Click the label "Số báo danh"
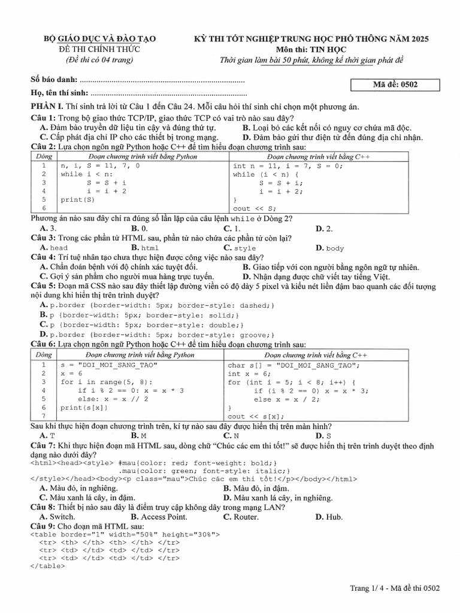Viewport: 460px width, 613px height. click(x=53, y=80)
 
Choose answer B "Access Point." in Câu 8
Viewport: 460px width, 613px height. click(x=159, y=517)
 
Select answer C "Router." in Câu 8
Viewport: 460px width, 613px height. click(x=241, y=517)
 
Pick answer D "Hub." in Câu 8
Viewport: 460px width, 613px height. click(x=329, y=517)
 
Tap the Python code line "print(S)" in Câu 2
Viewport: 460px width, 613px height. click(x=77, y=199)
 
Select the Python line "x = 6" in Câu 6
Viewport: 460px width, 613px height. click(x=71, y=373)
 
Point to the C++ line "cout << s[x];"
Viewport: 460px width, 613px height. click(x=255, y=416)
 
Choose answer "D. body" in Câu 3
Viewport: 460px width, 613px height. click(x=329, y=247)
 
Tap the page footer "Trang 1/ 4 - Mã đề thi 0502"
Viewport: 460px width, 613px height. click(x=395, y=588)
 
